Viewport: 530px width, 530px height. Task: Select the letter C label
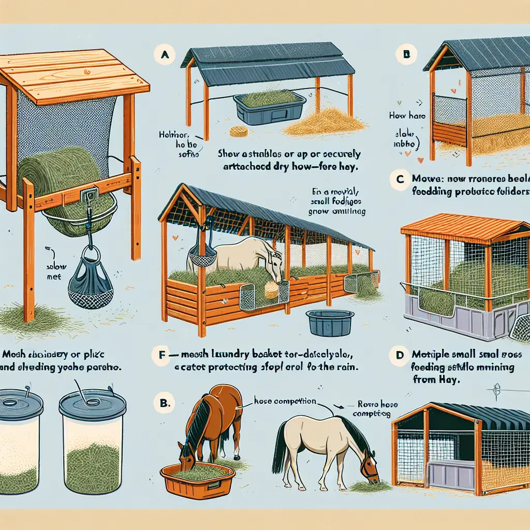tap(399, 181)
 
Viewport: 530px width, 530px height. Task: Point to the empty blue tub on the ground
tap(330, 323)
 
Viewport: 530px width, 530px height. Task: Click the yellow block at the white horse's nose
tap(272, 290)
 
